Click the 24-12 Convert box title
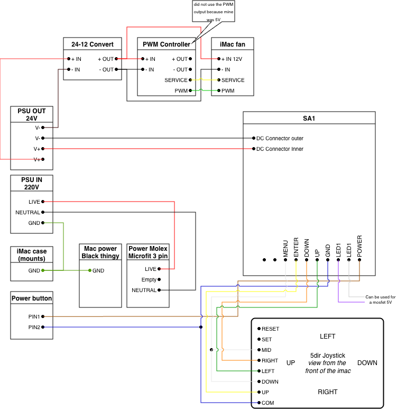click(x=93, y=43)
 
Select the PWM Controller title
click(x=167, y=44)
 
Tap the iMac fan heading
click(x=232, y=43)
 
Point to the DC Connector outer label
click(x=280, y=139)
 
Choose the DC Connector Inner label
click(x=280, y=149)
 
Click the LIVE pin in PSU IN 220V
click(x=34, y=202)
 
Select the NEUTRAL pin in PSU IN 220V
click(x=28, y=212)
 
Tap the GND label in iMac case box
click(x=34, y=270)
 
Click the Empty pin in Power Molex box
click(x=149, y=279)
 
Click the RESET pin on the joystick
click(x=270, y=329)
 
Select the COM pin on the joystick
click(x=267, y=403)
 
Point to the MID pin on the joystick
click(x=266, y=350)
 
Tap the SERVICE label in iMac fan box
click(x=233, y=80)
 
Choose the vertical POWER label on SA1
click(x=359, y=246)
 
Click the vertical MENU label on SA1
click(x=285, y=249)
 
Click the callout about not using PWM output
click(x=213, y=11)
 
